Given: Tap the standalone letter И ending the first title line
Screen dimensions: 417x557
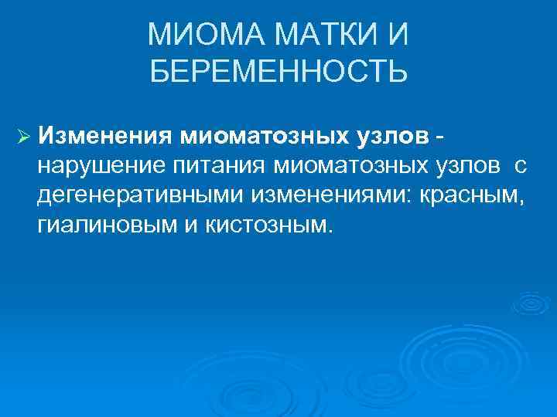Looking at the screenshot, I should [398, 35].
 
